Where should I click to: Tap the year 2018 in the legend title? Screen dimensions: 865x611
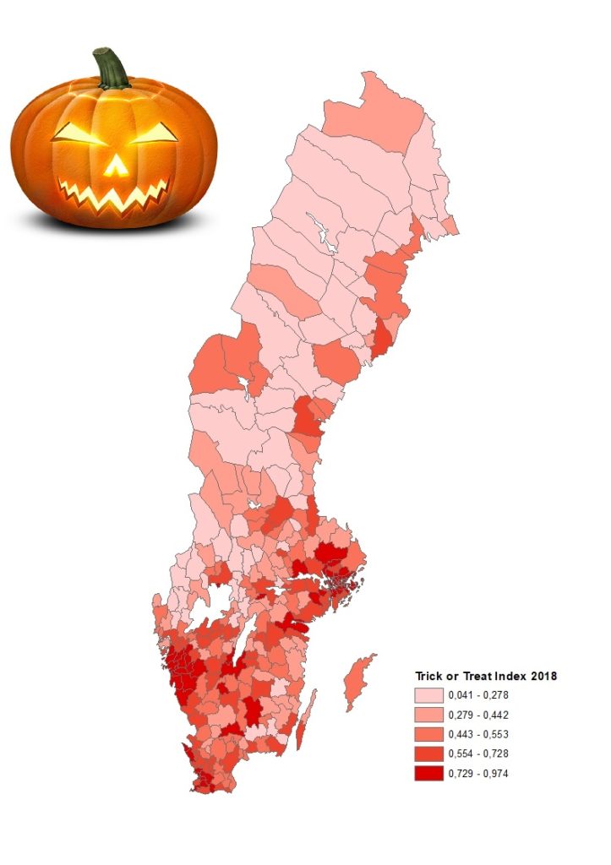545,676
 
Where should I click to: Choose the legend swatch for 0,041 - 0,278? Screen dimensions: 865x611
428,695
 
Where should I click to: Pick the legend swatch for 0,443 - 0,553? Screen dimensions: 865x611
428,734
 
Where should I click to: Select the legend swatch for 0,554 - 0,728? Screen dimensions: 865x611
428,753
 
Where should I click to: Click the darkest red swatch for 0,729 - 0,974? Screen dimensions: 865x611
428,773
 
